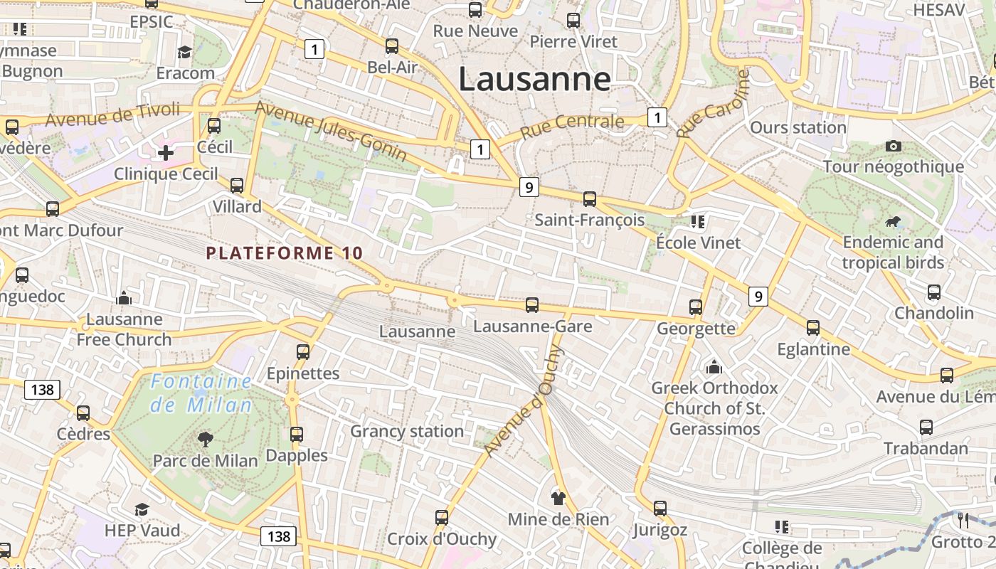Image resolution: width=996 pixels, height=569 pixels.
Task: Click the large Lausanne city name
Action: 534,79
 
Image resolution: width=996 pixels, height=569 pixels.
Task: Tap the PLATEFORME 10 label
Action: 285,253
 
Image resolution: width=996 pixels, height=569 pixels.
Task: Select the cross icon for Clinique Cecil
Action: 166,152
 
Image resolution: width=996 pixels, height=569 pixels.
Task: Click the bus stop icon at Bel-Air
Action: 392,47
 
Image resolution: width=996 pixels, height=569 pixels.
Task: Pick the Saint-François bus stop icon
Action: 590,199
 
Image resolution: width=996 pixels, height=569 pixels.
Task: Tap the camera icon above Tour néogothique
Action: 894,147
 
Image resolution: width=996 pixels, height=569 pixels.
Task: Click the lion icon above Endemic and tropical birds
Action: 892,223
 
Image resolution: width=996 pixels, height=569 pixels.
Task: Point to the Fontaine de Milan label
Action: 201,393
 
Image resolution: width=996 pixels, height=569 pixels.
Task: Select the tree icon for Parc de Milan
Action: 206,440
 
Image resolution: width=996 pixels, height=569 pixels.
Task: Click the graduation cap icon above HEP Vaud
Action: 142,509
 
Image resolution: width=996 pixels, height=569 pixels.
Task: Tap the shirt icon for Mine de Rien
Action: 558,498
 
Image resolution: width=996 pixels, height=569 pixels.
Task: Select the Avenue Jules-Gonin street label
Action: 331,130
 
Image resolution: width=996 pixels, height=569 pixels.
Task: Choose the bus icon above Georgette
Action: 696,307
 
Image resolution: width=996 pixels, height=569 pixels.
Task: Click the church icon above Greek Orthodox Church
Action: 714,367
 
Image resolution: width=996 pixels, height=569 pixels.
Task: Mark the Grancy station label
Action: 407,431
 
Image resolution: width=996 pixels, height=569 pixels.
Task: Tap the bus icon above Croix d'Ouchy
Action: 442,517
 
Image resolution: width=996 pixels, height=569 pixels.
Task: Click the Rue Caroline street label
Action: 714,104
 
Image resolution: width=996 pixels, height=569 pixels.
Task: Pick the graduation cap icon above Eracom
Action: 185,52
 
